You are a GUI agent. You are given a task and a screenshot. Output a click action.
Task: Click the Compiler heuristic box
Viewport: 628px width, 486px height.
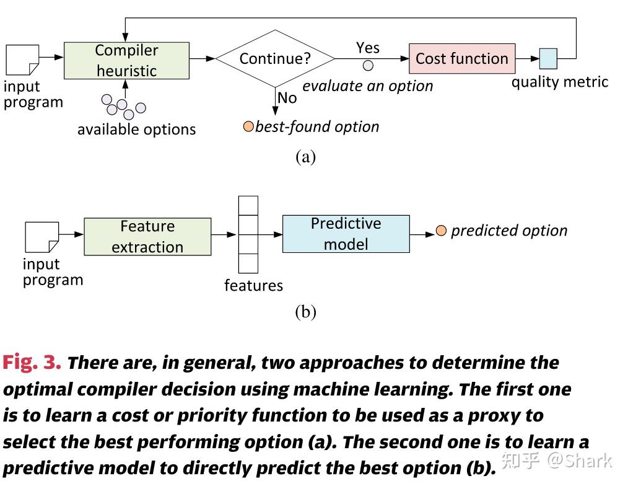(x=126, y=60)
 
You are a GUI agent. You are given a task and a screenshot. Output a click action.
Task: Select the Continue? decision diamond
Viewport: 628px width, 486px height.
(x=275, y=58)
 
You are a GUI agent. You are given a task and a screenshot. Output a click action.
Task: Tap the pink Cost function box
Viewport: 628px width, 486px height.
(x=461, y=58)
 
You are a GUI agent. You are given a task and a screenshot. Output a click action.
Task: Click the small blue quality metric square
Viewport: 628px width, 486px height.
(x=548, y=58)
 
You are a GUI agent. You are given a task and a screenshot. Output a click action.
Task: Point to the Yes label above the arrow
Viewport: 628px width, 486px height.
(x=368, y=48)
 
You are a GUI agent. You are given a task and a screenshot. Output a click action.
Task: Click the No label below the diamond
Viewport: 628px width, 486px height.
(x=287, y=98)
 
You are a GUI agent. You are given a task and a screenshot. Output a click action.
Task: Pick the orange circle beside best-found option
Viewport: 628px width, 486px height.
(x=248, y=127)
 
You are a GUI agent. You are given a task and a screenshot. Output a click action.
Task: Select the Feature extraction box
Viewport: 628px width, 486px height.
(x=147, y=236)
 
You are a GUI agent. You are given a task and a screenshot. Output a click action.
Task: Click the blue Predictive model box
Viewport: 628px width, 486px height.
(x=346, y=234)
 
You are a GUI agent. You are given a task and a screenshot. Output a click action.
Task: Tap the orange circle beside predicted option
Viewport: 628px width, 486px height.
(x=441, y=231)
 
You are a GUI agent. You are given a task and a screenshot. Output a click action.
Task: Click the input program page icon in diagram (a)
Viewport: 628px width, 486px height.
(x=22, y=60)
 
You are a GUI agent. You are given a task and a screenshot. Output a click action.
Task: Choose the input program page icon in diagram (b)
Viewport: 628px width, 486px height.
(x=42, y=237)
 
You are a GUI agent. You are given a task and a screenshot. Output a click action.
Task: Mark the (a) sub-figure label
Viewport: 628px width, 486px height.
(x=306, y=156)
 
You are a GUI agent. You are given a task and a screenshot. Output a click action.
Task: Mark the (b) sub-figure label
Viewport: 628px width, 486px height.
(x=306, y=312)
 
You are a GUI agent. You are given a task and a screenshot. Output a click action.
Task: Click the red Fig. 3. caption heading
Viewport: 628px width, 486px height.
(x=32, y=363)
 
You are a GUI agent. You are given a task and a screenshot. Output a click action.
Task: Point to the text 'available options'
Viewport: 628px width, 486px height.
(x=136, y=130)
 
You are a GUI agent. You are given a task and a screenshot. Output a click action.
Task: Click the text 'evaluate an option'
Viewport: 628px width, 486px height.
(x=367, y=86)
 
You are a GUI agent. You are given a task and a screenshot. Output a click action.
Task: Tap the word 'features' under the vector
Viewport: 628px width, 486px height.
(x=253, y=286)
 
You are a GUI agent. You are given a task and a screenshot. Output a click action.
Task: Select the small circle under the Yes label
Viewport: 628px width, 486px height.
(x=368, y=65)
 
